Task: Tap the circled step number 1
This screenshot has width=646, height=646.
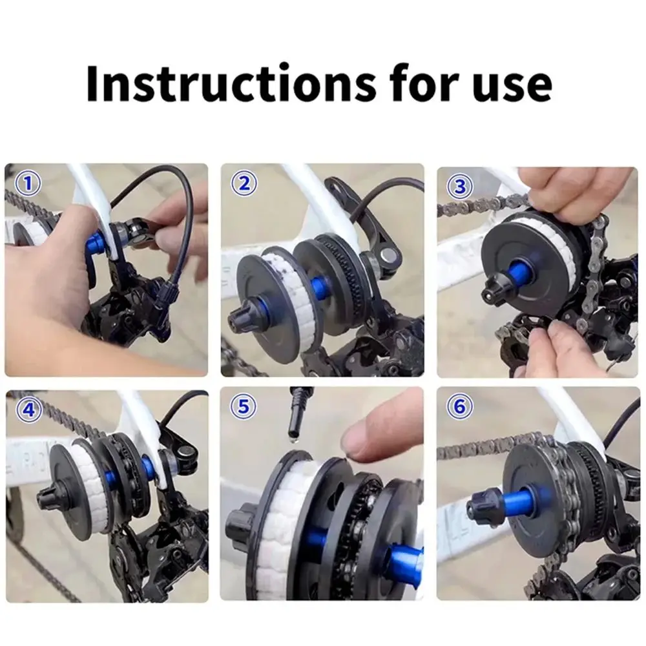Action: click(x=28, y=183)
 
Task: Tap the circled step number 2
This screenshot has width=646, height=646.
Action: click(x=244, y=183)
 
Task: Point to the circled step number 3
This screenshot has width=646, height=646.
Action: click(x=460, y=186)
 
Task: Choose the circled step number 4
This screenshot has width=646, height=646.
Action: click(x=29, y=410)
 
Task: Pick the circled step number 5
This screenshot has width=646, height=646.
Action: click(x=244, y=406)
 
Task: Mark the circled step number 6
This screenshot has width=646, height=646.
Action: click(x=460, y=406)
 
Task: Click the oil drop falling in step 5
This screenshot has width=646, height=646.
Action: click(x=293, y=441)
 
